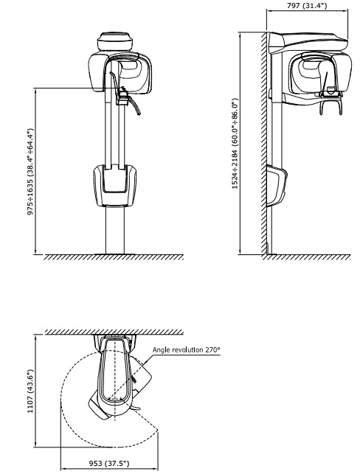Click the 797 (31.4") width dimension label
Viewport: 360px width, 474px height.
click(307, 5)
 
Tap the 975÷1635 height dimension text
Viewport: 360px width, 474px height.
click(30, 172)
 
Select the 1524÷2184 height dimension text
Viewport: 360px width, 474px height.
click(235, 143)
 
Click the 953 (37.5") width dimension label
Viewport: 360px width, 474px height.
click(109, 464)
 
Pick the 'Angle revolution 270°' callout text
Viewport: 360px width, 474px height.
click(187, 349)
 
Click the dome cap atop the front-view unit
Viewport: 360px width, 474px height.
click(115, 41)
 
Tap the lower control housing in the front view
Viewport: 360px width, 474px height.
click(114, 185)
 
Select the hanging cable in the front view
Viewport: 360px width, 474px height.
click(135, 106)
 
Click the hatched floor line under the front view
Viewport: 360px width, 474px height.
click(114, 257)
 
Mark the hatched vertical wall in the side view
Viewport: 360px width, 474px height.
click(264, 143)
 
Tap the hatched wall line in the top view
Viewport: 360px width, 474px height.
click(114, 332)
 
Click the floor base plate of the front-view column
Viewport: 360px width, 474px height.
click(115, 254)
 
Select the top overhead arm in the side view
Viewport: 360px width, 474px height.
click(308, 43)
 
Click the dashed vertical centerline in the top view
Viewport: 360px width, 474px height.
click(115, 381)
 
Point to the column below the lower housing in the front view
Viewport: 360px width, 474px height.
click(115, 230)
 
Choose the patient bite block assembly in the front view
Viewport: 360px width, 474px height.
click(122, 96)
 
